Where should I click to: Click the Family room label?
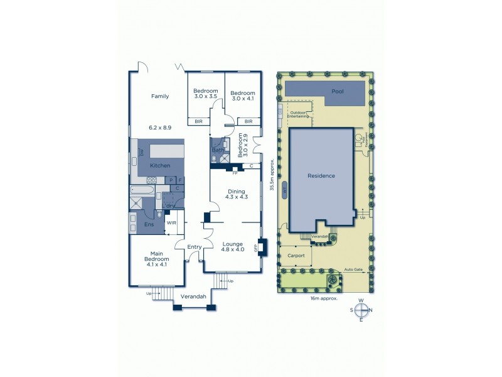160,96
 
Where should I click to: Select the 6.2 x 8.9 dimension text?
160,128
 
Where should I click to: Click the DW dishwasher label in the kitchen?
142,153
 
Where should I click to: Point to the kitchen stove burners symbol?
151,180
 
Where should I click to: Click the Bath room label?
217,150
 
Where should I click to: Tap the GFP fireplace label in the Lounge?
255,247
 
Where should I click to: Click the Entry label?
194,247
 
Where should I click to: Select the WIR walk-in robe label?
171,222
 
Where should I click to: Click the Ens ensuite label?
149,224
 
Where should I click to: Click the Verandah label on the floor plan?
193,296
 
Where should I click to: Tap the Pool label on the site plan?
338,92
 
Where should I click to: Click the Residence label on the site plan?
321,176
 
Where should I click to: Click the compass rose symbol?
361,310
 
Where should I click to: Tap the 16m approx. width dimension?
324,298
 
